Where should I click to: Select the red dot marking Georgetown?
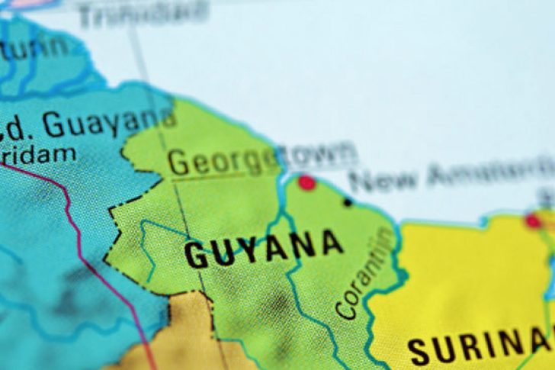click(306, 182)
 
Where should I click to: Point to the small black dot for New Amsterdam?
click(348, 202)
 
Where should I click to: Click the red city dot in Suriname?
click(532, 221)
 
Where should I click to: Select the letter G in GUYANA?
click(196, 255)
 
